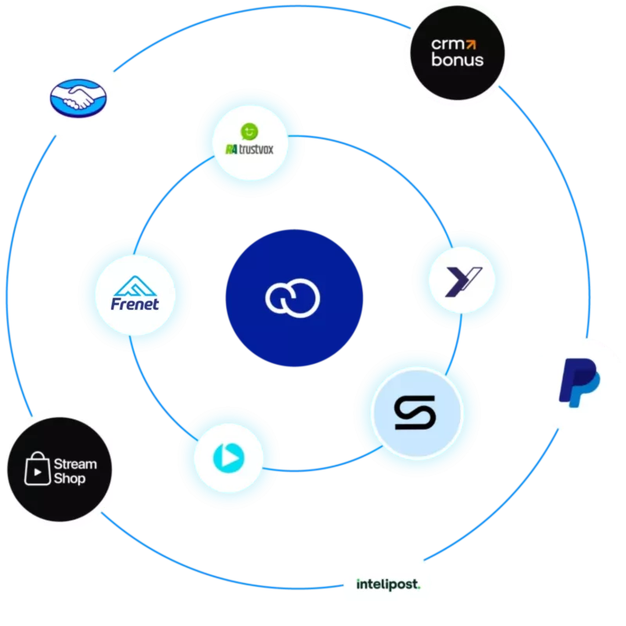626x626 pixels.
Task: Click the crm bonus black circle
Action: [458, 52]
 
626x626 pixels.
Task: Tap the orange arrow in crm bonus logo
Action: [472, 44]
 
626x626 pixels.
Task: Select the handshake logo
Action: [78, 99]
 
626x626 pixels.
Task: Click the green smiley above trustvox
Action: [250, 131]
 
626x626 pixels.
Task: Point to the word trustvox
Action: [257, 149]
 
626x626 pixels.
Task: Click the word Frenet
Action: [135, 304]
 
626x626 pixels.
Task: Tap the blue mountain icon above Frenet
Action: [135, 286]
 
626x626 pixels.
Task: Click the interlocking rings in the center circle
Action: [293, 298]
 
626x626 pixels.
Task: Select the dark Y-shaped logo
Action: [463, 282]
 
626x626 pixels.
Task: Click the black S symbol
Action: [416, 412]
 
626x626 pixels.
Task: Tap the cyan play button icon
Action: [228, 458]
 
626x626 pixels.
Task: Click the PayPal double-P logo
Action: [579, 383]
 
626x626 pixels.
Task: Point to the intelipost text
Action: [388, 585]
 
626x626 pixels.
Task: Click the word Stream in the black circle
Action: [75, 464]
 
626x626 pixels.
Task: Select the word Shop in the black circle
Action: [70, 478]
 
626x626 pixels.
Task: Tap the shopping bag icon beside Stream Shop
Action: [38, 469]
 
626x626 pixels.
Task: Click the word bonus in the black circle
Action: [458, 60]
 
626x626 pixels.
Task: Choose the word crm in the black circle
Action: [448, 45]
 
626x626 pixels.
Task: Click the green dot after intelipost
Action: [419, 588]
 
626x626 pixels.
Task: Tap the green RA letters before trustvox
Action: [232, 149]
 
